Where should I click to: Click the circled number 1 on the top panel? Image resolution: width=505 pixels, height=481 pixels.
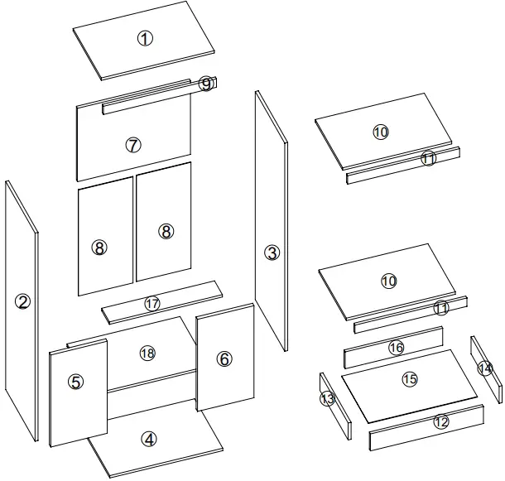[x=145, y=38]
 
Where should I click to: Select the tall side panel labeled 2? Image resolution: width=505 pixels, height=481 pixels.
[x=22, y=302]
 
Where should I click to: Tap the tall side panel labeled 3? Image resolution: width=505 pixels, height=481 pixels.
[x=272, y=253]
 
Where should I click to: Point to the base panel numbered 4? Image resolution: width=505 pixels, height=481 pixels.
[x=149, y=440]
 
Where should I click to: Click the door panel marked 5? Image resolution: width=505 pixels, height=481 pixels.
[x=76, y=382]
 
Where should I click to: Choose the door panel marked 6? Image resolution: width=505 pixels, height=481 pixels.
[x=224, y=358]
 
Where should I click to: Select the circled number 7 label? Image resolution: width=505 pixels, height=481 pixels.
[x=133, y=145]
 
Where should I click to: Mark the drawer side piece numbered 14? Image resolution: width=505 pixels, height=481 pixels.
[x=485, y=368]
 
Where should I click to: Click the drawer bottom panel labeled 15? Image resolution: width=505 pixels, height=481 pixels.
[x=410, y=379]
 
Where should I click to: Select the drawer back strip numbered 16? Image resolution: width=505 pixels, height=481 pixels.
[x=395, y=348]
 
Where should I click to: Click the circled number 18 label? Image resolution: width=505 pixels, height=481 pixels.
[x=147, y=354]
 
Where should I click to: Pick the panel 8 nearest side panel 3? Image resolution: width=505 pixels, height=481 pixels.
[x=166, y=231]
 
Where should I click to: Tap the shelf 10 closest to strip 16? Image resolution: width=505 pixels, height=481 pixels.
[x=388, y=281]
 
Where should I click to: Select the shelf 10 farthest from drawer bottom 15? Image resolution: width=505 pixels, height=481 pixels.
[x=380, y=132]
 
